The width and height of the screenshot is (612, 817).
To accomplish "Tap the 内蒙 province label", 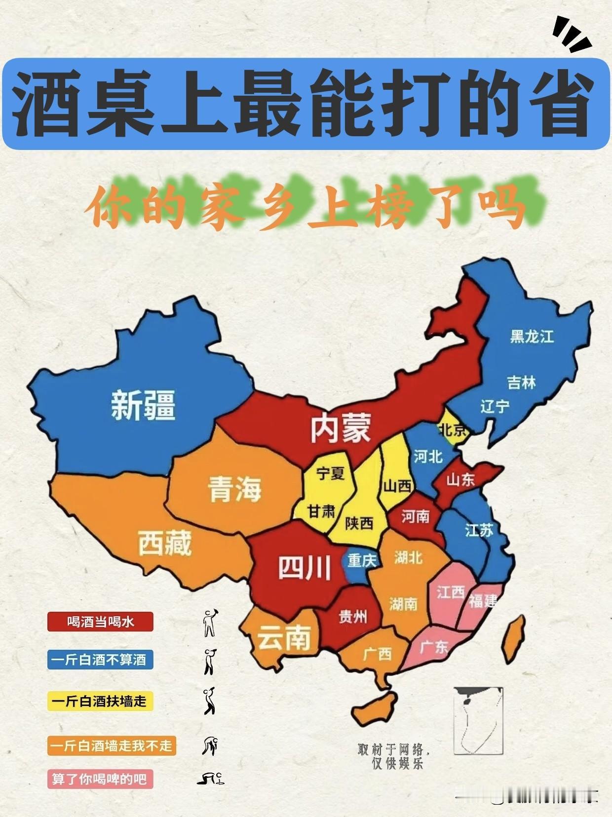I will pos(341,428).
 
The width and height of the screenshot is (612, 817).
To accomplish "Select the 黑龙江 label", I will pos(532,336).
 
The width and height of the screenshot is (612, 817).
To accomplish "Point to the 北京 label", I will pos(453,430).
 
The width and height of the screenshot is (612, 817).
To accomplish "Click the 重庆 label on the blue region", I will pos(362,560).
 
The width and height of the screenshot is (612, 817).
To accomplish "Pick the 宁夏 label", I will pos(330,474).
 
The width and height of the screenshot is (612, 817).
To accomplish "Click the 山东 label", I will pos(460,480).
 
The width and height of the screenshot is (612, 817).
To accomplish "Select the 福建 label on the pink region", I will pos(483,601).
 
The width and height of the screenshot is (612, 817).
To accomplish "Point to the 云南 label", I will pos(284,638).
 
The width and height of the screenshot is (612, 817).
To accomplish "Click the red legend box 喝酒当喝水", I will pos(100,622).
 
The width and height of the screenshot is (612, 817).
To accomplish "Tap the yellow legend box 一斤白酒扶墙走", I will pos(100,701).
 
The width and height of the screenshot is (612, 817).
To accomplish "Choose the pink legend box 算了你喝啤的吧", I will pos(100,779).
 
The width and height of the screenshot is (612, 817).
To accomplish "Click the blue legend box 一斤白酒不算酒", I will pos(100,660).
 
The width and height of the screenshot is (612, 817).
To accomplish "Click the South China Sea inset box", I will pos(478,720).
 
